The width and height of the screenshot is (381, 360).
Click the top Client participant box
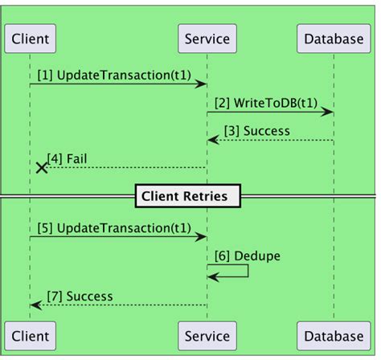click(x=31, y=38)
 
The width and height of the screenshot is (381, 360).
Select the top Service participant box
click(x=207, y=38)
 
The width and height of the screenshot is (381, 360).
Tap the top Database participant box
click(x=334, y=38)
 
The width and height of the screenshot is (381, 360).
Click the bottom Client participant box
click(x=31, y=334)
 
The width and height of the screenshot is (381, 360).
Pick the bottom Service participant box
click(x=207, y=334)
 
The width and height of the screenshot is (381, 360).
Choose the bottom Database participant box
click(x=334, y=334)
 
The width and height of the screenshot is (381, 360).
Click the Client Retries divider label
click(x=189, y=195)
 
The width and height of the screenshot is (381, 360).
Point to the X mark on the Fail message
click(x=41, y=167)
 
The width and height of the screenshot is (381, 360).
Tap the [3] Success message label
click(x=257, y=130)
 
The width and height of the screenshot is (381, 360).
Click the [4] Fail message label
click(x=68, y=158)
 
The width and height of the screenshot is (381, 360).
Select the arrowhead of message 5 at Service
click(x=202, y=237)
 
